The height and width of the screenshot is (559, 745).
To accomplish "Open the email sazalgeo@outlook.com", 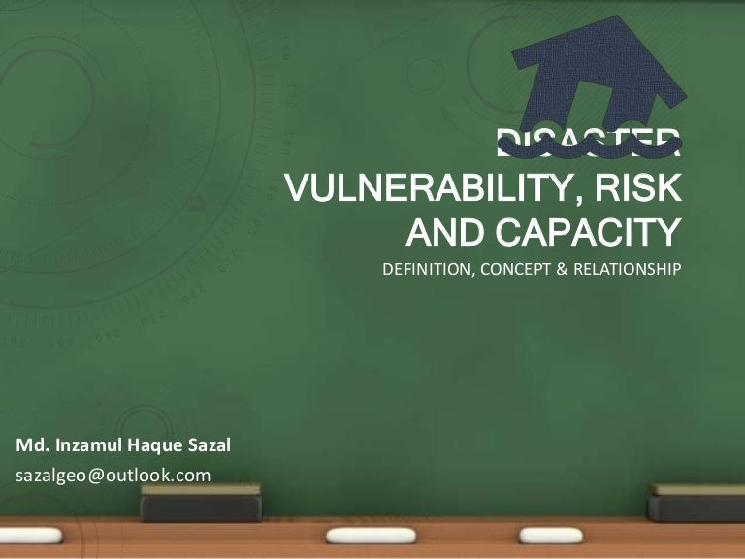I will (x=113, y=475).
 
